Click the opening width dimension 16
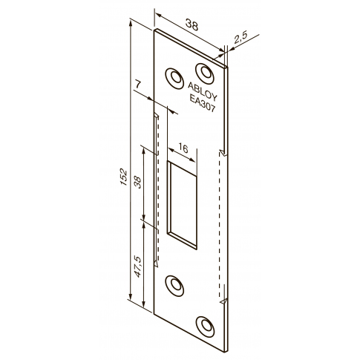[183, 149]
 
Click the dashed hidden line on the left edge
[157, 193]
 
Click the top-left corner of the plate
[155, 31]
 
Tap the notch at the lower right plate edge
[223, 304]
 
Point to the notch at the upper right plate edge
[223, 151]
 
